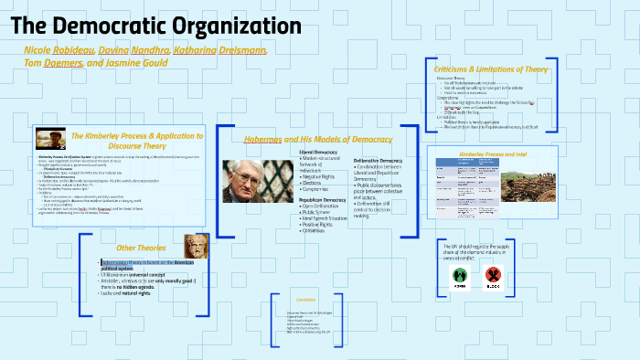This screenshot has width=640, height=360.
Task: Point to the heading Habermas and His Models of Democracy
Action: [317, 139]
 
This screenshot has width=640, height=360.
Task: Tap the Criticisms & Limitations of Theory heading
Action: [490, 69]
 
